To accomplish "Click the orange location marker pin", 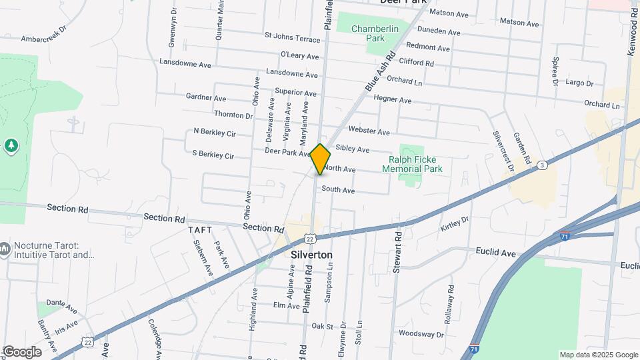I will [321, 159].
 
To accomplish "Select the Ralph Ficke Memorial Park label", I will [412, 165].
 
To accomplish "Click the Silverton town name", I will [312, 255].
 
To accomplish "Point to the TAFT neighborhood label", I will [200, 230].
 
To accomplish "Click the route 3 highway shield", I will [543, 165].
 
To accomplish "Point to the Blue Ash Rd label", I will [381, 72].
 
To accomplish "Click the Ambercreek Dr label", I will [45, 39].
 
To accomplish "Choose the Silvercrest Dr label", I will [503, 152].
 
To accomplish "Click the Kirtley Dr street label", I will [455, 224].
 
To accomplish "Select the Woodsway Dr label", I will [421, 333].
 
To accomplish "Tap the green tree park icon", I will [11, 145].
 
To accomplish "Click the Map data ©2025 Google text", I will [598, 355].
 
